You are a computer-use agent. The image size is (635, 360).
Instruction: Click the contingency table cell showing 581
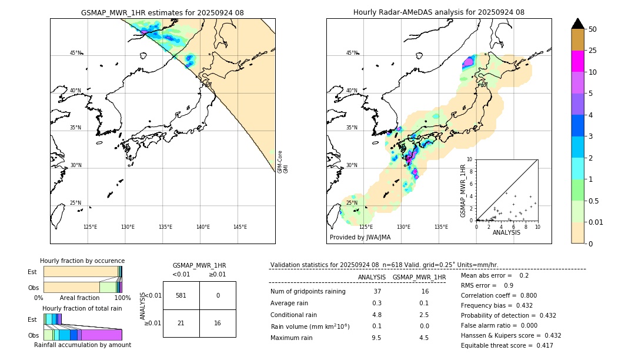tap(181, 295)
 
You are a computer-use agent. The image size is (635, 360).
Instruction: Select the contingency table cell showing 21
tap(181, 323)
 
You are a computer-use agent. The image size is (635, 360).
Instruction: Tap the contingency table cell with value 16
tap(218, 323)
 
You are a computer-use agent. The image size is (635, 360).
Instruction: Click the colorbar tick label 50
tap(593, 29)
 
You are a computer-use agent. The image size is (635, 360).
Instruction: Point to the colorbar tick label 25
tap(593, 51)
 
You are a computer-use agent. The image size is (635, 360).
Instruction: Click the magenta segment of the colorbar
tap(577, 61)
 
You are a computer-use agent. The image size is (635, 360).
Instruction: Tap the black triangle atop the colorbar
tap(577, 24)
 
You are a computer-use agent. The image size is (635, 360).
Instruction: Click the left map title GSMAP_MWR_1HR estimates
tap(162, 12)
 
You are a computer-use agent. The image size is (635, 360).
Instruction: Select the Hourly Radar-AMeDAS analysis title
tap(439, 12)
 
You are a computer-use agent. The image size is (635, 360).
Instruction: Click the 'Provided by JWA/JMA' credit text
tap(360, 238)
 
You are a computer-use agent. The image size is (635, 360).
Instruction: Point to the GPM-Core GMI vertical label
tap(282, 162)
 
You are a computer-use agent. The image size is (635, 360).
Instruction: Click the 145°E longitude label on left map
tap(240, 227)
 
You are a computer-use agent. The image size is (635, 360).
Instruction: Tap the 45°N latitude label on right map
tap(352, 53)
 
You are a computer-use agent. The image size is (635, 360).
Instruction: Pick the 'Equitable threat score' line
tap(507, 345)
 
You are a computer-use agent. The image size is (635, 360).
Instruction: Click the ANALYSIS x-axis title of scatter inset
tap(506, 232)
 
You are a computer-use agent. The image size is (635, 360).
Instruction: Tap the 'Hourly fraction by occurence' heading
tap(82, 261)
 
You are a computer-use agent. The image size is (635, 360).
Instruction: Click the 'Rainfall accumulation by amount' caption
tap(82, 345)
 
